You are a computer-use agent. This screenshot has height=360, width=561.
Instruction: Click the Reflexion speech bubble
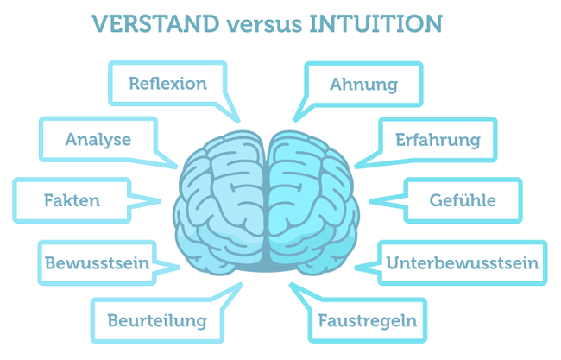167,84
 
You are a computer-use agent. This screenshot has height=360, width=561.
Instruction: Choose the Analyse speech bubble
98,139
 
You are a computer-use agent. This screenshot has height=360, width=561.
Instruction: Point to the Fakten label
72,200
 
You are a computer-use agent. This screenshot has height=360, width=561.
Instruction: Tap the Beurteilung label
157,321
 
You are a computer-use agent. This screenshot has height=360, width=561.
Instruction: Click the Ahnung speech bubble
363,84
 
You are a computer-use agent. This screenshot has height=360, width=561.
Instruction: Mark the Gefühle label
463,200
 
